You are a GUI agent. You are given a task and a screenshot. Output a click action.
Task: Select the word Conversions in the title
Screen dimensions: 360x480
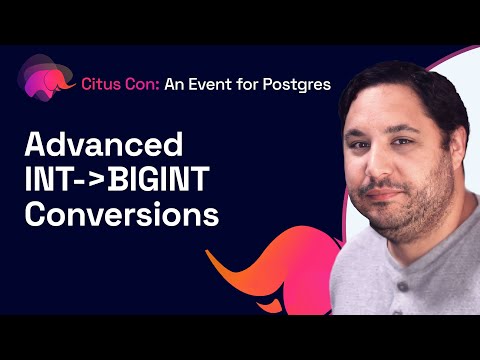(x=119, y=214)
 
